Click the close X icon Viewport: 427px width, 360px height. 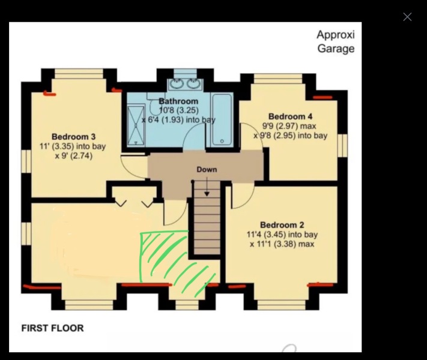click(x=407, y=17)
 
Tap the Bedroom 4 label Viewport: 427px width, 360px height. click(x=290, y=116)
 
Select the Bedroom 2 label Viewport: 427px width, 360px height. click(x=282, y=225)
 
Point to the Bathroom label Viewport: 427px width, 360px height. click(x=178, y=101)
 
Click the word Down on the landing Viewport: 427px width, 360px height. click(x=207, y=170)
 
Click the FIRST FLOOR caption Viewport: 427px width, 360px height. click(x=52, y=328)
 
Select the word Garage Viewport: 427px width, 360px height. click(x=336, y=49)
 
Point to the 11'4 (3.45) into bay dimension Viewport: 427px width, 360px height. click(x=282, y=235)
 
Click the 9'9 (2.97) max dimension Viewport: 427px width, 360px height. click(x=289, y=126)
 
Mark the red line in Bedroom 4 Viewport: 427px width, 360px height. click(x=323, y=97)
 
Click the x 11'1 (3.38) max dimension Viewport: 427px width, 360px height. click(x=282, y=244)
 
